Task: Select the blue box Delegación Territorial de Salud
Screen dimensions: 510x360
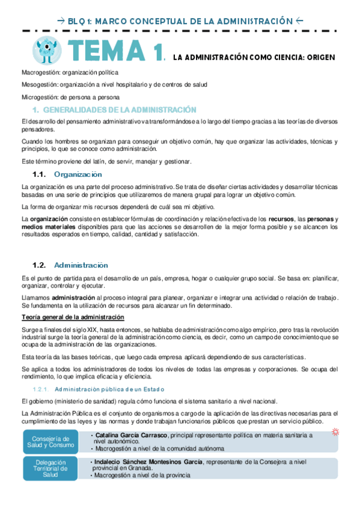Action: coord(50,469)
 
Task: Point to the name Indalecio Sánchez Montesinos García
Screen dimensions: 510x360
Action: coord(147,461)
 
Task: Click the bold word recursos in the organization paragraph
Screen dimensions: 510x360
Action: coord(281,219)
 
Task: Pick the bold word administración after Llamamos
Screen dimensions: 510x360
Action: coord(72,297)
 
